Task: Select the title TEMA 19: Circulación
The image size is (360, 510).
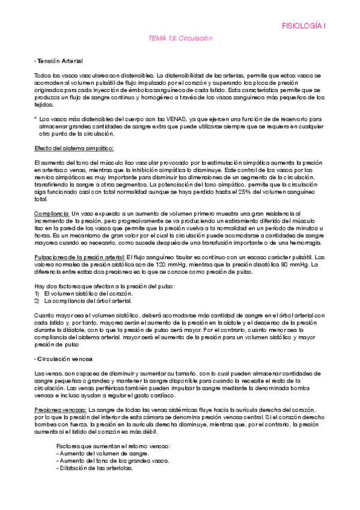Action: click(180, 38)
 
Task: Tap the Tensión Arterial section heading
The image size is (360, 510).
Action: click(59, 61)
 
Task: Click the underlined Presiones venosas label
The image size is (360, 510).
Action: click(60, 410)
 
